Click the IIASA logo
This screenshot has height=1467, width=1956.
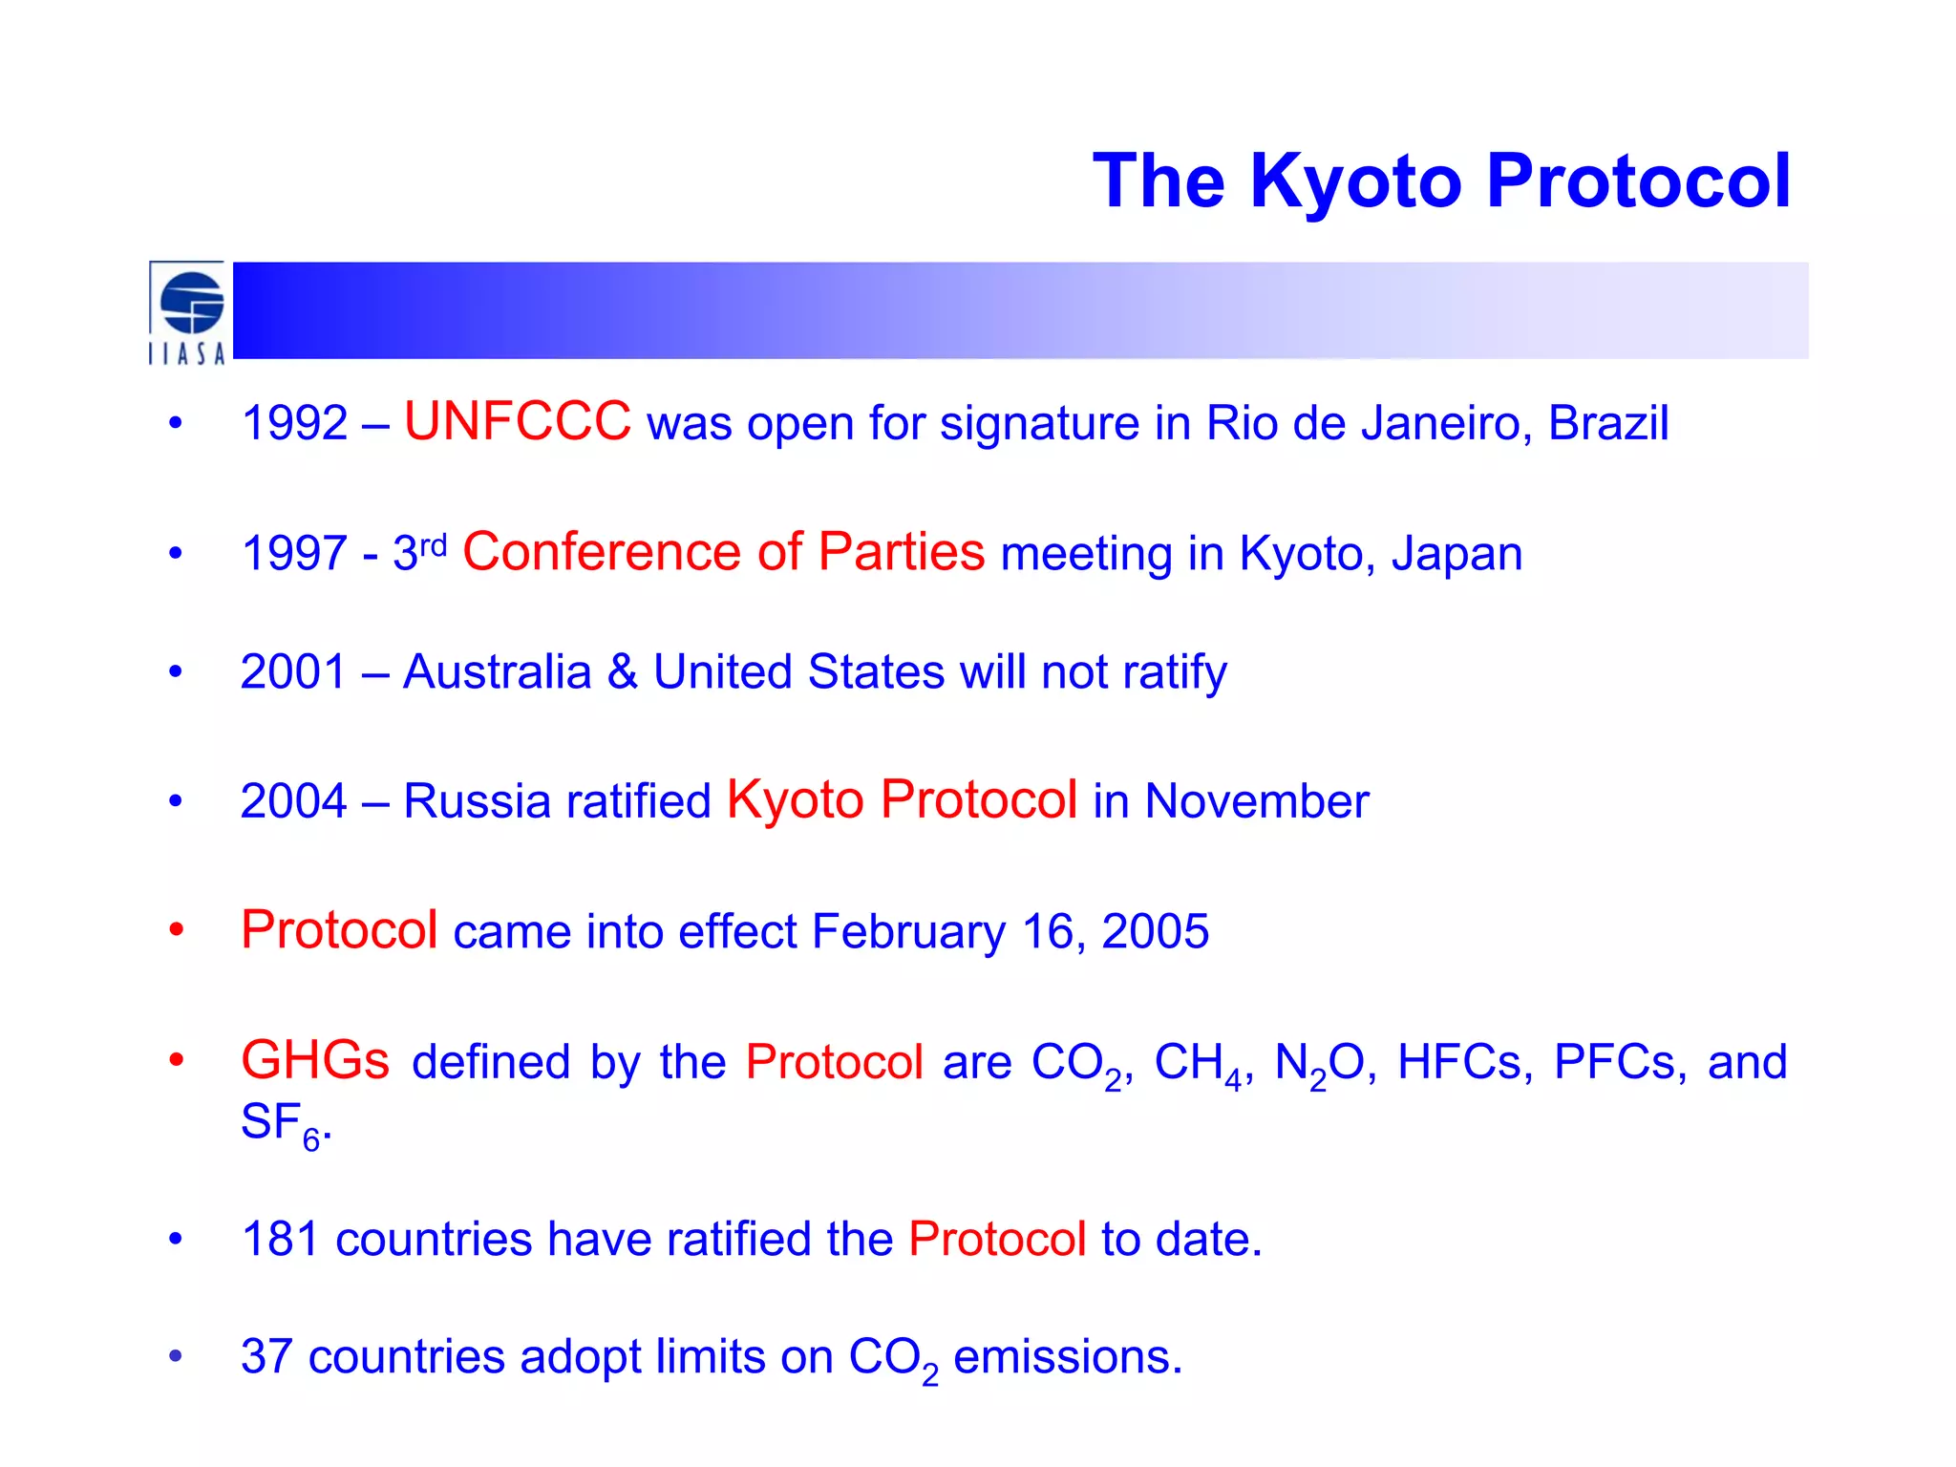pos(188,312)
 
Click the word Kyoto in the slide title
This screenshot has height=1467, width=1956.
pos(1355,181)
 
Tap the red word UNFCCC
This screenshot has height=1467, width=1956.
pos(517,421)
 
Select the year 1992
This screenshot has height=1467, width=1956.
pos(294,423)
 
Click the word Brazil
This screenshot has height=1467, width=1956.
pos(1607,423)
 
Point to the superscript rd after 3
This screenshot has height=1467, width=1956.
pos(434,545)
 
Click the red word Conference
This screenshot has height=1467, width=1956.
pos(602,552)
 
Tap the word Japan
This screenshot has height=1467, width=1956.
pos(1456,554)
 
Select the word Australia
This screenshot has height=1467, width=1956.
pos(497,672)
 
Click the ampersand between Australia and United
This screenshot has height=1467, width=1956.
pos(623,672)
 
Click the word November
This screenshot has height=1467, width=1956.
pos(1256,801)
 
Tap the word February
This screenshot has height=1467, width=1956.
pos(908,932)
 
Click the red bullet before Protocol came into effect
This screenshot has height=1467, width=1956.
pos(176,929)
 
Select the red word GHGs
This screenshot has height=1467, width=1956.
pos(315,1061)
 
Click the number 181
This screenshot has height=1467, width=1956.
pos(280,1240)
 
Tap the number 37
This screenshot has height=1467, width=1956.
pos(266,1357)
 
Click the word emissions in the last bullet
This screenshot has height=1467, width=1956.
pos(1067,1357)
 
